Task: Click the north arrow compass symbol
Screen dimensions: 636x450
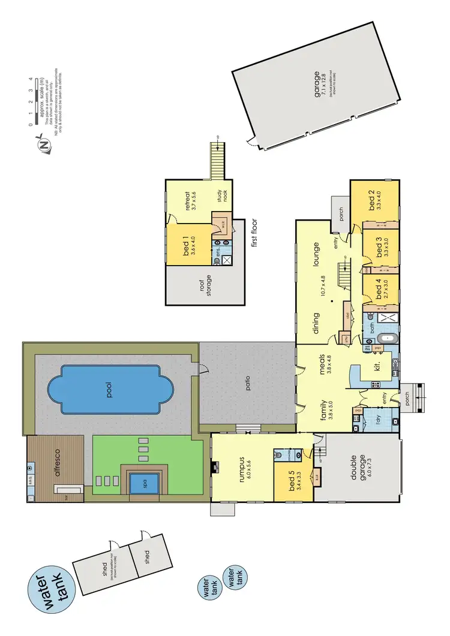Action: pyautogui.click(x=43, y=144)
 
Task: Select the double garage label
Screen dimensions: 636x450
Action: pyautogui.click(x=359, y=468)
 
